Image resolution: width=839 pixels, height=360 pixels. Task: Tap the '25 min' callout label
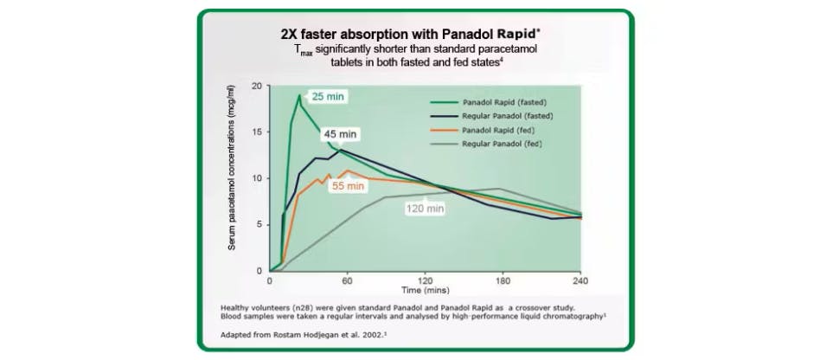[329, 96]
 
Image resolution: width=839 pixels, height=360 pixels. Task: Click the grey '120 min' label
[425, 209]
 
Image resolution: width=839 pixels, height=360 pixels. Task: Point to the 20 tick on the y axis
[256, 86]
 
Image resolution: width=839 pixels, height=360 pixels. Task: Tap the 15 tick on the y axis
[256, 132]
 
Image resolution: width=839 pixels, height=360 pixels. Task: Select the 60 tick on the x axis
[347, 281]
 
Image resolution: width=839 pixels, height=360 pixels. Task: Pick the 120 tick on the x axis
[425, 281]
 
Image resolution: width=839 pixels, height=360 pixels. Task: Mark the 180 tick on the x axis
[503, 281]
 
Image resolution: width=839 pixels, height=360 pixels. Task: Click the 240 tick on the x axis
[580, 281]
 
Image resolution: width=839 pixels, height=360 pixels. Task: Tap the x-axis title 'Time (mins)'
[425, 292]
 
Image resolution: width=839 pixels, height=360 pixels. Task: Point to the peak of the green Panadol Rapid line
[300, 95]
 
